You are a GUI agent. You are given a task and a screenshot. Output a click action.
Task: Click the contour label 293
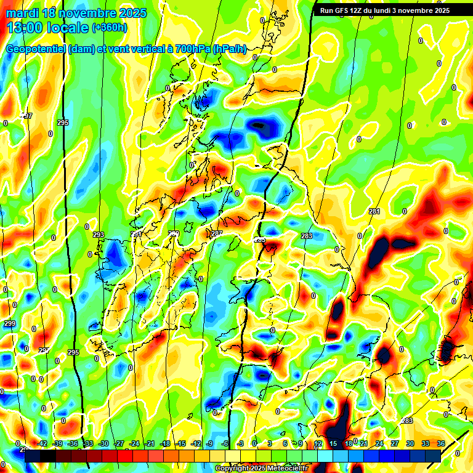pos(99,235)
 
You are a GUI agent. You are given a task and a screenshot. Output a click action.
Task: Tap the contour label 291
pos(137,235)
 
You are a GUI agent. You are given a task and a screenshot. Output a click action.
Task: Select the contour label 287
pos(216,234)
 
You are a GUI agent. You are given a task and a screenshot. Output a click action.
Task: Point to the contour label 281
pos(374,211)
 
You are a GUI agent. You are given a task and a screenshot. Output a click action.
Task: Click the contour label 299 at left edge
pos(9,323)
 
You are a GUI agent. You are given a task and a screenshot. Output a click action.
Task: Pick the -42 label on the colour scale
pos(42,443)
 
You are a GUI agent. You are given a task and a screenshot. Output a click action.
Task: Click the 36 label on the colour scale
pos(441,443)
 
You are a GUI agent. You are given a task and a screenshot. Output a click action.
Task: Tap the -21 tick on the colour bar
pos(150,443)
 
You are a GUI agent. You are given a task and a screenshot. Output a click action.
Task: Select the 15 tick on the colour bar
pos(333,443)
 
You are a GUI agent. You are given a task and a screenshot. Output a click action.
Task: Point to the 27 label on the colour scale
pos(394,443)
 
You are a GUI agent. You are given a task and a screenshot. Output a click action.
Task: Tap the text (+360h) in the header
pos(111,28)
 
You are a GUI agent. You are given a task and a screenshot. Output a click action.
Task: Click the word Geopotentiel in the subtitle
pos(36,49)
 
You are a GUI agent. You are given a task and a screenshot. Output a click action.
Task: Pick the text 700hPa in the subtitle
pos(188,49)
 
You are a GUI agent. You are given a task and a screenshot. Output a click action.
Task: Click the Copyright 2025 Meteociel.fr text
pos(262,469)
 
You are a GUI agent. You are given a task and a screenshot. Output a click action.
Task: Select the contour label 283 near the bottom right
pos(406,421)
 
